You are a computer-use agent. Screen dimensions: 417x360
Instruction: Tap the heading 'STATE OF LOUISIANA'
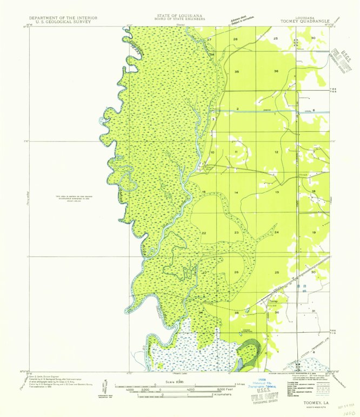point(178,16)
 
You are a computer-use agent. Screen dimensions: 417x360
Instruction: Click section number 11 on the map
point(236,153)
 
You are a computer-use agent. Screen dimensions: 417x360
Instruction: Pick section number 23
point(236,232)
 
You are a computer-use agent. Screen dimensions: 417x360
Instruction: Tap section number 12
point(276,153)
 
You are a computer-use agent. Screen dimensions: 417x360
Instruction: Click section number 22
point(204,233)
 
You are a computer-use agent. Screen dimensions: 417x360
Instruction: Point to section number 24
point(276,232)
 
